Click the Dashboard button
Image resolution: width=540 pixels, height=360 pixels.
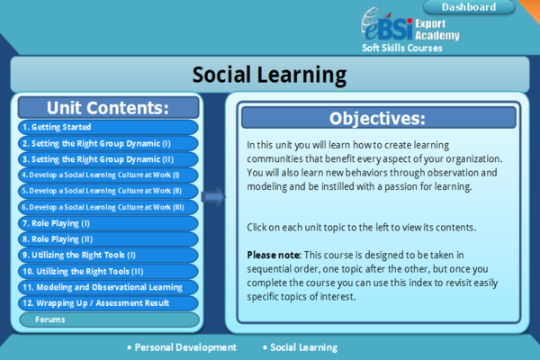469,7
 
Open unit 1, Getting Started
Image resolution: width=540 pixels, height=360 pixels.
108,127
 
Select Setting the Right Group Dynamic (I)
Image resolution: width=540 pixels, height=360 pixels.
108,143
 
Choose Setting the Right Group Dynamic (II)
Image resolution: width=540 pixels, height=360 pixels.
108,159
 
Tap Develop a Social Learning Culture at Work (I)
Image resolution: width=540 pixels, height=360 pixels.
108,175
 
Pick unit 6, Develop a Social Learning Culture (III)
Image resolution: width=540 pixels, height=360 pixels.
108,207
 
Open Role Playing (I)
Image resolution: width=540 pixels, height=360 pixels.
108,223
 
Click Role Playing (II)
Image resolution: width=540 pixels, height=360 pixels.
108,239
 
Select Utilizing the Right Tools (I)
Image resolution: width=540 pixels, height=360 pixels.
108,255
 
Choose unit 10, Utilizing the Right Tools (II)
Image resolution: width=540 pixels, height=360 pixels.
108,271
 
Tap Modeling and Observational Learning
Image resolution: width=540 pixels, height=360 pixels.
108,287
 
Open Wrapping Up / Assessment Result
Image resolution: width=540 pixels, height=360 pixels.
108,303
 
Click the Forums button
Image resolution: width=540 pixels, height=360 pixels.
109,319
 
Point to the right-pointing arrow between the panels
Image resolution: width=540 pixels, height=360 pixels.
213,197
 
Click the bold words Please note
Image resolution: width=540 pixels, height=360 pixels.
274,255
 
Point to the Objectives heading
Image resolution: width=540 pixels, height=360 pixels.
379,118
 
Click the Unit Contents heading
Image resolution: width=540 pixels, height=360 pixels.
109,108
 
